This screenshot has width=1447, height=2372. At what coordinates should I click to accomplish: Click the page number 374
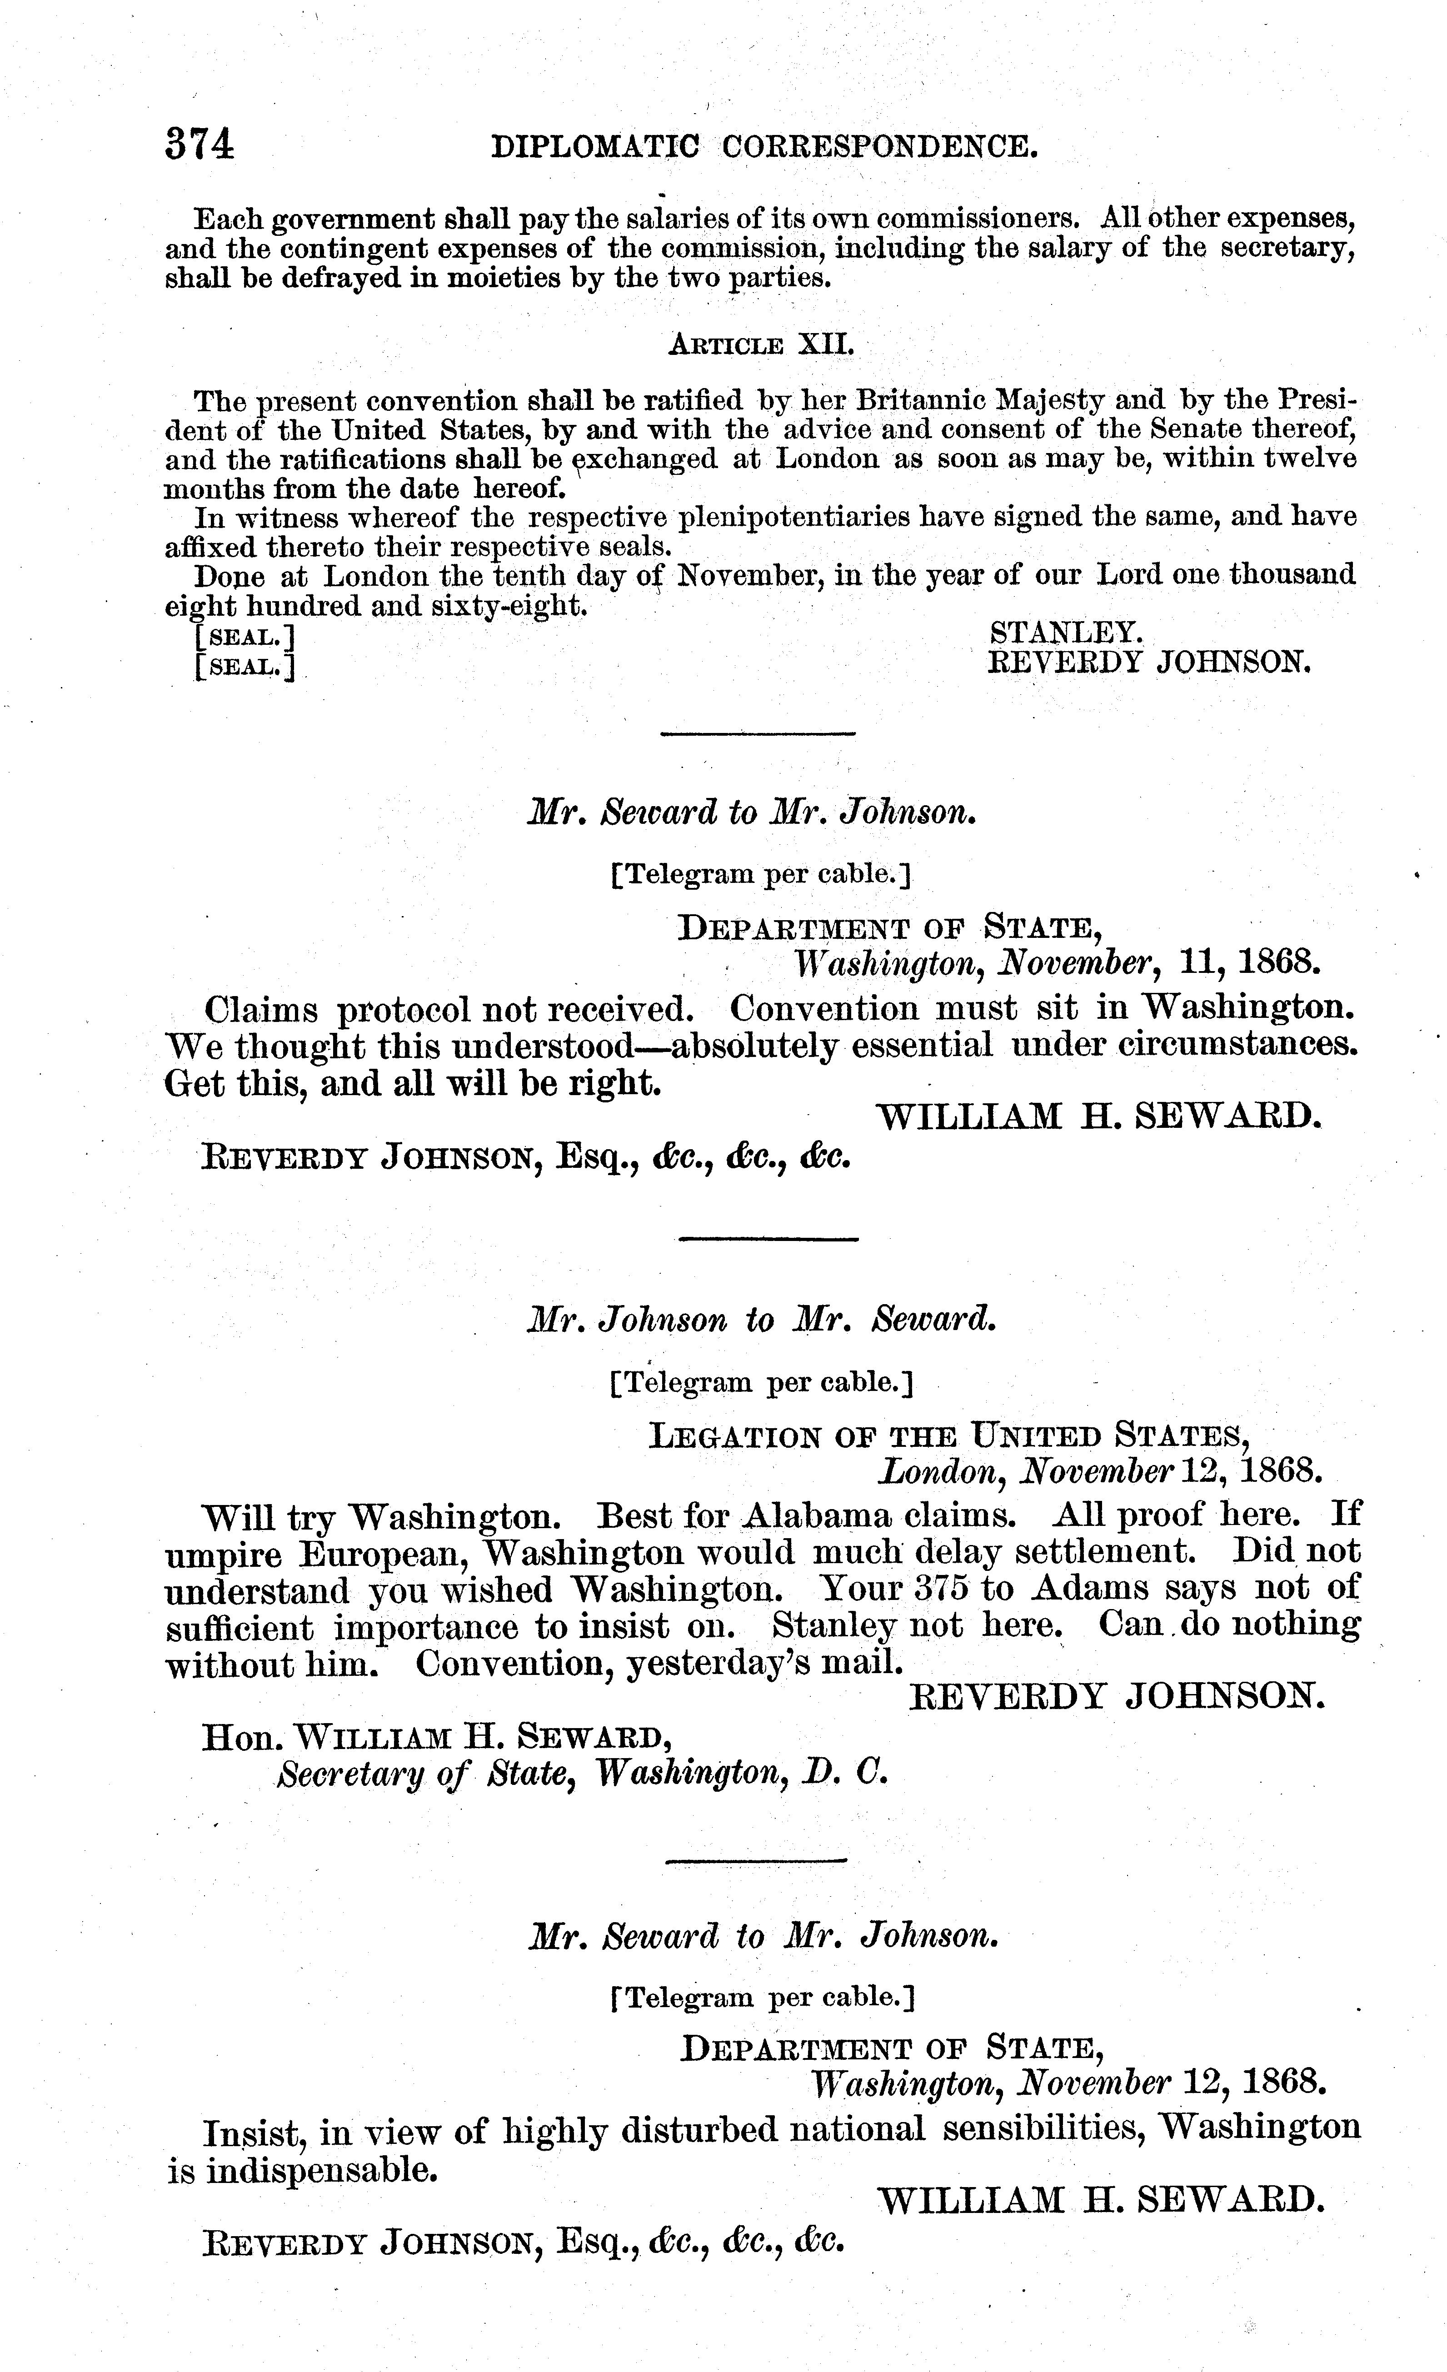pos(200,145)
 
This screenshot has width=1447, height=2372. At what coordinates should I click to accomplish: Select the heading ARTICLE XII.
pos(761,344)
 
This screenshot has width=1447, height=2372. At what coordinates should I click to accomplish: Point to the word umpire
pos(223,1553)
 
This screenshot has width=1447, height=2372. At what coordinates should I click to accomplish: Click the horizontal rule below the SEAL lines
pos(758,734)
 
